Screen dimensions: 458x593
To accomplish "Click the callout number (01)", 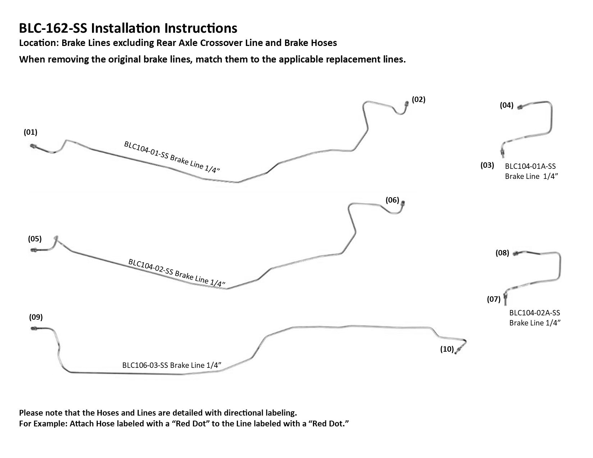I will pos(31,132).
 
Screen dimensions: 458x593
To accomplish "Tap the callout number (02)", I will pos(418,100).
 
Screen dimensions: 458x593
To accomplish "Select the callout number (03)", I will pos(487,165).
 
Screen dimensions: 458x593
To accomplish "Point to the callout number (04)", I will pos(507,105).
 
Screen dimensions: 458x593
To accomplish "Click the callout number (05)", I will pos(35,239).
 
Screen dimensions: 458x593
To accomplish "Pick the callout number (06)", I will pos(392,200).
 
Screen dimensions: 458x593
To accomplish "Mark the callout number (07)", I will pos(494,299).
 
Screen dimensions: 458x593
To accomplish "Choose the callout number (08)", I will pos(502,253).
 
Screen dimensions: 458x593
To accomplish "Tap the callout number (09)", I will pos(36,317).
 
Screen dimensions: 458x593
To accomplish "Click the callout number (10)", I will pos(447,349).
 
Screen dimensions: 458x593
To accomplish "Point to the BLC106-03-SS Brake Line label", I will pos(171,365).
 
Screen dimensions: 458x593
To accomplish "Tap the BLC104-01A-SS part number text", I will pos(530,166).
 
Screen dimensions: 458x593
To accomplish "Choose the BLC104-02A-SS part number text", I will pos(534,313).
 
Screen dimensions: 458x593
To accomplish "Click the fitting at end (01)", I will pos(32,146).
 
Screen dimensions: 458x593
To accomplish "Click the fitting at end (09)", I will pos(33,328).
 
